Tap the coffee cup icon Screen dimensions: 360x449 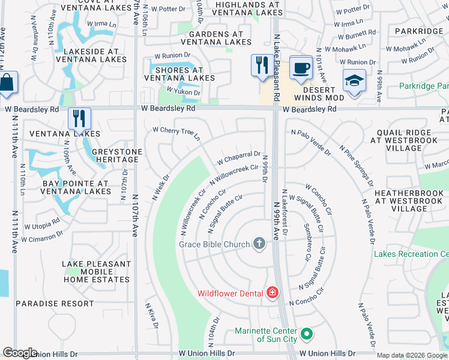[x=300, y=67]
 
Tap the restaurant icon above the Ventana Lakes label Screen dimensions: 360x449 [x=79, y=118]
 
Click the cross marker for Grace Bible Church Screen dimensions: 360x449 [x=259, y=243]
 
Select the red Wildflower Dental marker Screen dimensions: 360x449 [x=273, y=293]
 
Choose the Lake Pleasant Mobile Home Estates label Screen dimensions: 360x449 [x=96, y=272]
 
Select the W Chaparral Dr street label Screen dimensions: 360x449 [x=238, y=158]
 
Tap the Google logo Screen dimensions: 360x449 [x=20, y=353]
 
